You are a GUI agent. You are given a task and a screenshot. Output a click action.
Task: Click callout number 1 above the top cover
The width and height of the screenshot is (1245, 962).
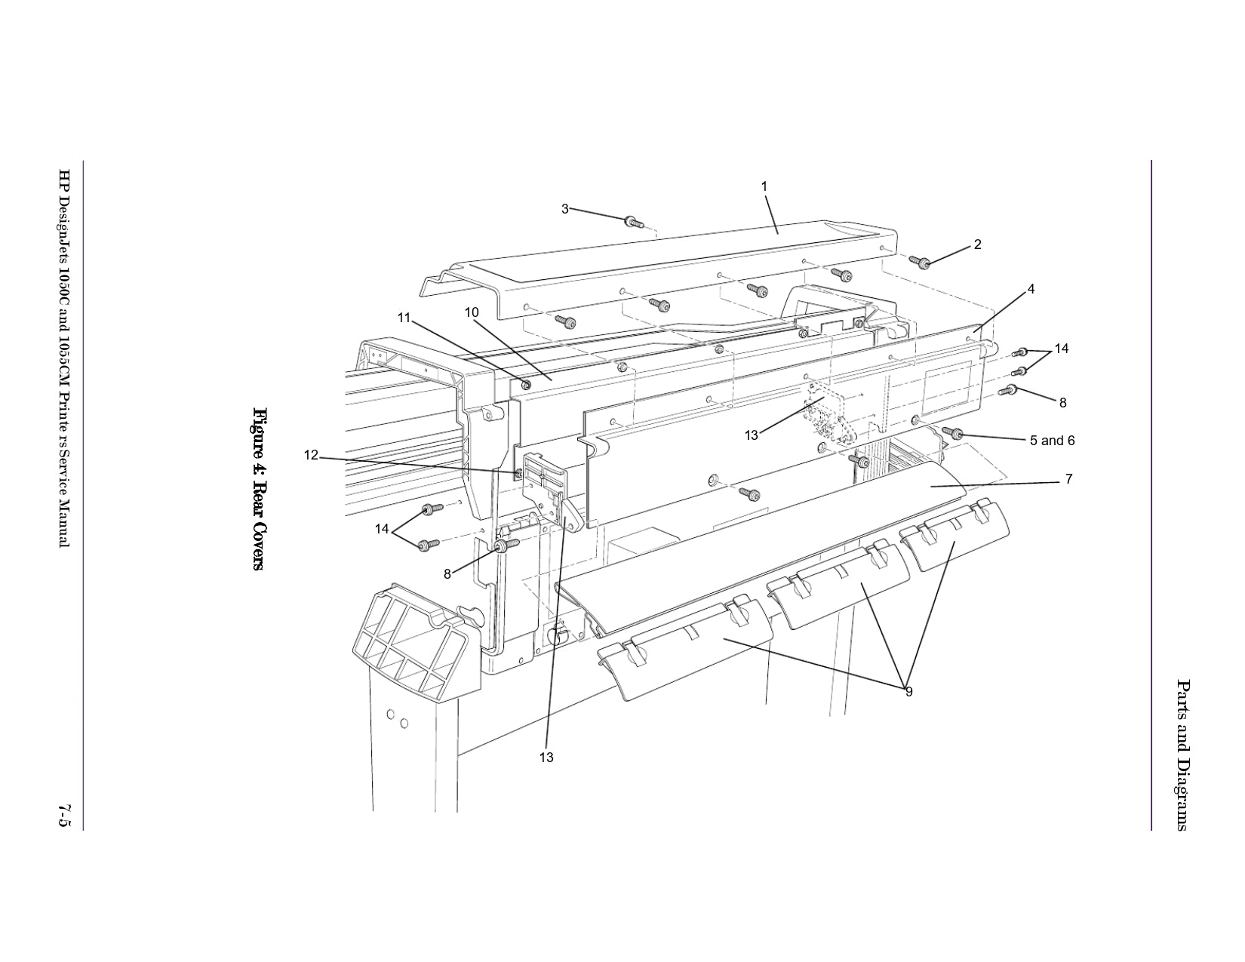(x=764, y=186)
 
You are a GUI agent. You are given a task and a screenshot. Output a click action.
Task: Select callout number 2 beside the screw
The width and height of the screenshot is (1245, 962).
(x=977, y=244)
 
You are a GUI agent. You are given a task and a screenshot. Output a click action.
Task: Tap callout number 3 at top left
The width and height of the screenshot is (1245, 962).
(x=564, y=209)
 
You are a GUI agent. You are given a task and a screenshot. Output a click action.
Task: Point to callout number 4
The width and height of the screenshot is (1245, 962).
(x=1031, y=289)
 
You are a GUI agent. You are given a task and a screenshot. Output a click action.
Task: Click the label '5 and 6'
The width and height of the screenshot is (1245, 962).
(x=1052, y=441)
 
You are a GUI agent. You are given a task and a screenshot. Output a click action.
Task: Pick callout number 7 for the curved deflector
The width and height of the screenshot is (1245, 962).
(x=1068, y=479)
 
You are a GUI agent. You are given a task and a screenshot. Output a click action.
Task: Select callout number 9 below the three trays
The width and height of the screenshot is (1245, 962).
(x=908, y=691)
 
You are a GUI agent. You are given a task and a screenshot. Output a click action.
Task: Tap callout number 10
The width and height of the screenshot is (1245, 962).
(x=472, y=312)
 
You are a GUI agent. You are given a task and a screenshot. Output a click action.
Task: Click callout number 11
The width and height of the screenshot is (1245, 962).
(x=404, y=318)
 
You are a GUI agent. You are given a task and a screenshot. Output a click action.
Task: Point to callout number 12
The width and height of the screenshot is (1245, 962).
(x=312, y=455)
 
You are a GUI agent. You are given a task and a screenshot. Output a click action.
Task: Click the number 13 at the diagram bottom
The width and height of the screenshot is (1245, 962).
(x=546, y=757)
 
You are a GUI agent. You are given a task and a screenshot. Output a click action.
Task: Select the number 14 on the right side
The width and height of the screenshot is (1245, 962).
(x=1061, y=349)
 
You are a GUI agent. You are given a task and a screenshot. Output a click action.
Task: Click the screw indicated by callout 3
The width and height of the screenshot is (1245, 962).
(x=632, y=222)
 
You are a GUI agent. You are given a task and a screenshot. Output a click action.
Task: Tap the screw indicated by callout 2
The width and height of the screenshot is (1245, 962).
(x=922, y=262)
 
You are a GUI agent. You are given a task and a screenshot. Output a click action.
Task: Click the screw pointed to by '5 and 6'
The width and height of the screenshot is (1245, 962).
(x=952, y=433)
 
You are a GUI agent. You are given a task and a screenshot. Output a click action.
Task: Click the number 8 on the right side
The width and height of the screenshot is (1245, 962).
(x=1062, y=403)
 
